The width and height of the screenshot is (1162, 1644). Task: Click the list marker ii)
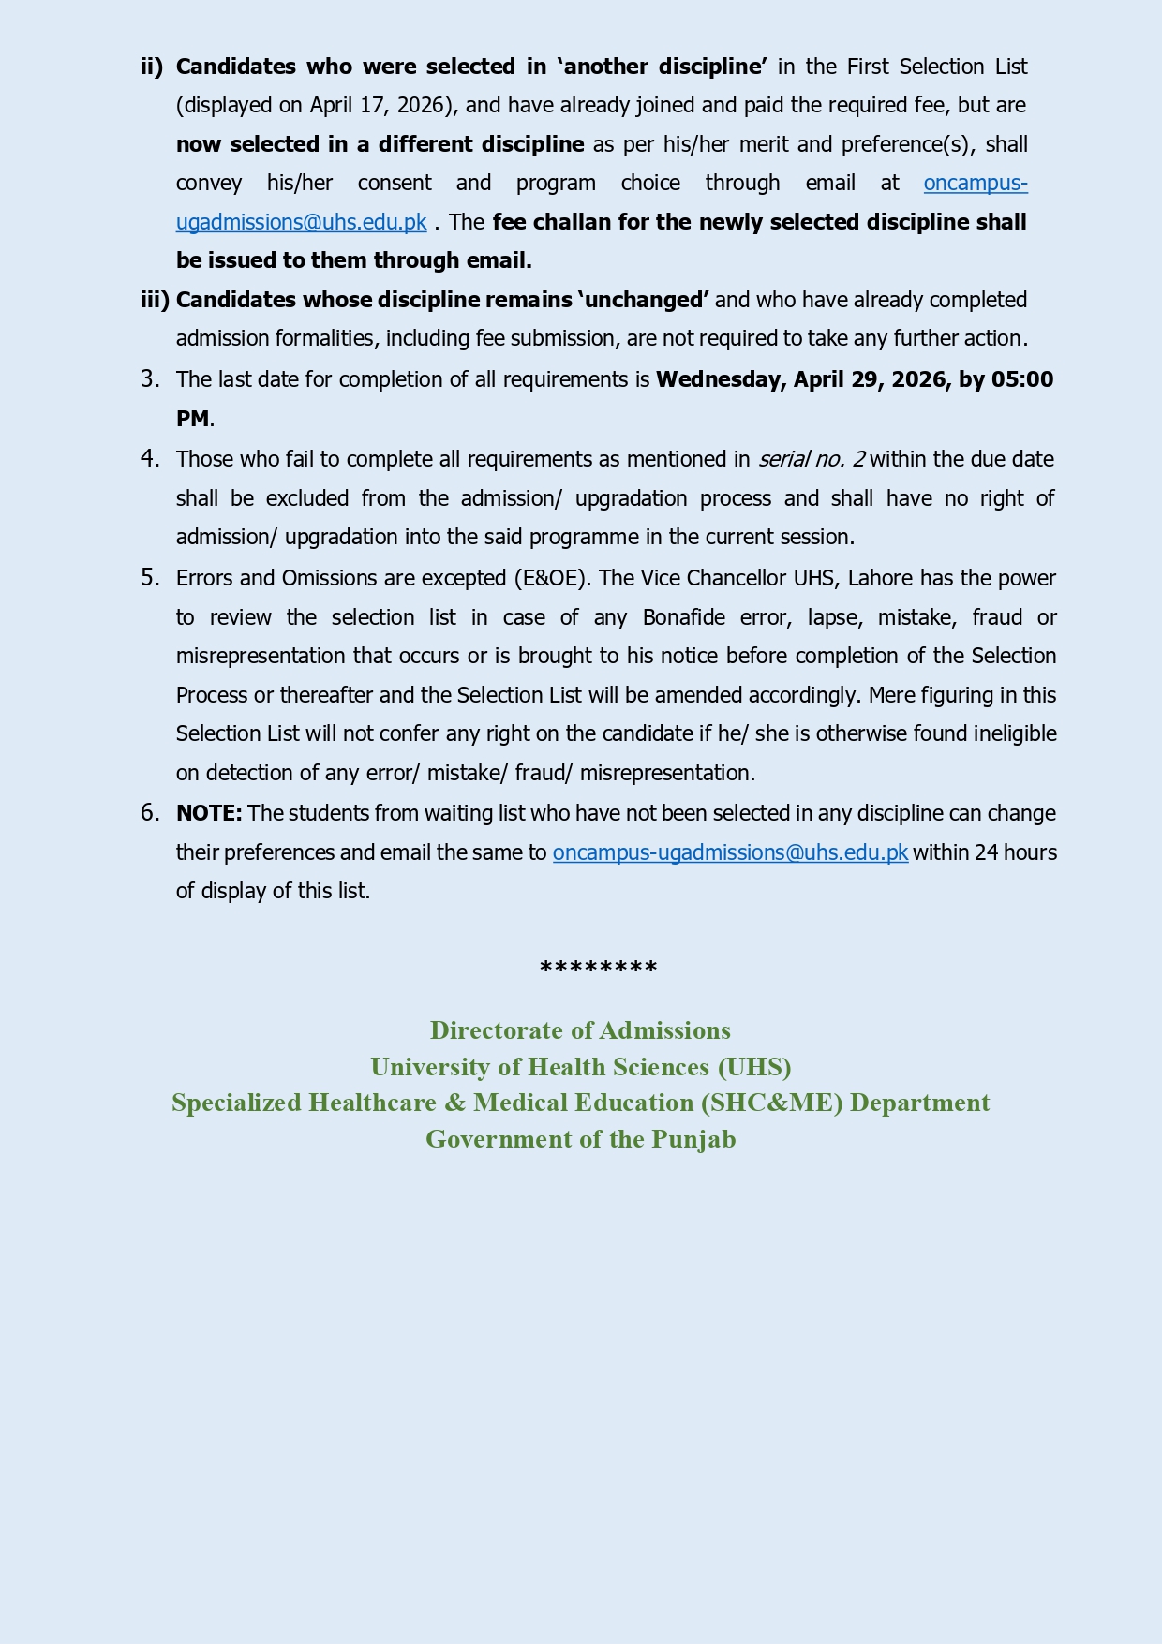[152, 67]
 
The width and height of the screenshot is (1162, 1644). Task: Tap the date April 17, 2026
[376, 105]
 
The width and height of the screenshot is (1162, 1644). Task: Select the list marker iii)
[155, 300]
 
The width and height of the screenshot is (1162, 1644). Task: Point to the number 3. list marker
[150, 379]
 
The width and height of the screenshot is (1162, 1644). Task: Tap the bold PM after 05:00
[192, 419]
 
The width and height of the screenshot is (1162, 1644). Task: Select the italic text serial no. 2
[812, 459]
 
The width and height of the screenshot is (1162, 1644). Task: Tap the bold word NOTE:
[209, 813]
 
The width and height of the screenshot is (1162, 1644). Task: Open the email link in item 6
[730, 852]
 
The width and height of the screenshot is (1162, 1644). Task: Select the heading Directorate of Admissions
[580, 1030]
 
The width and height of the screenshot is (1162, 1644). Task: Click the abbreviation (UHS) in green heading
[754, 1067]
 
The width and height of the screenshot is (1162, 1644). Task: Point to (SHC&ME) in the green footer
[772, 1103]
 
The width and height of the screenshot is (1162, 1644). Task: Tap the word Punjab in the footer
[693, 1139]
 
